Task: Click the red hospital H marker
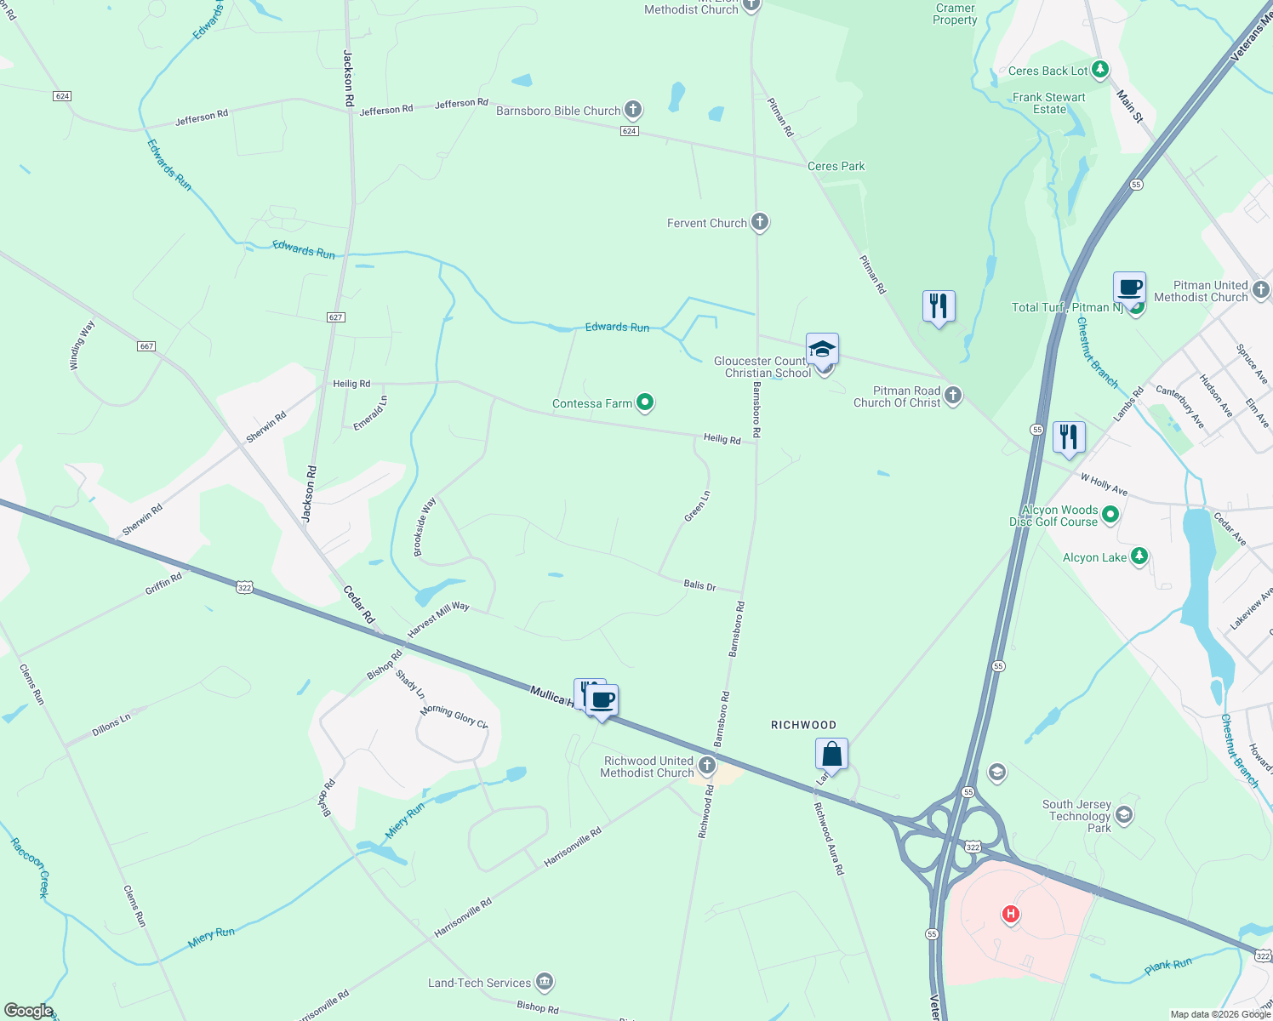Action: click(1010, 915)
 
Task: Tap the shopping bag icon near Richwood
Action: click(831, 754)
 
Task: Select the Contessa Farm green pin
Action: click(645, 402)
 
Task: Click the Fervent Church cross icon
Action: click(759, 223)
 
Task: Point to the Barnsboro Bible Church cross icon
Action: click(632, 110)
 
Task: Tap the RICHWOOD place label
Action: click(803, 725)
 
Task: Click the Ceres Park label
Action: click(836, 167)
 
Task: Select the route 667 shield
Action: click(146, 346)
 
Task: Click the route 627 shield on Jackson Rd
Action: click(335, 317)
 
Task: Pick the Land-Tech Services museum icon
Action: click(545, 983)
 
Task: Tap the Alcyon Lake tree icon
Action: click(1139, 557)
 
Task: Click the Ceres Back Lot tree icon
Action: click(1099, 70)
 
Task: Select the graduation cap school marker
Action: click(822, 349)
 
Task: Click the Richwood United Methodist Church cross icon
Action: click(706, 767)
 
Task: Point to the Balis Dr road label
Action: click(699, 585)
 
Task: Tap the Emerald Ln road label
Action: click(371, 413)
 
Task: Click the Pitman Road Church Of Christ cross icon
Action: click(953, 395)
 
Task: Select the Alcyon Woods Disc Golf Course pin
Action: click(1110, 515)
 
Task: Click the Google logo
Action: click(28, 1011)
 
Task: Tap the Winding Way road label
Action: click(82, 345)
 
